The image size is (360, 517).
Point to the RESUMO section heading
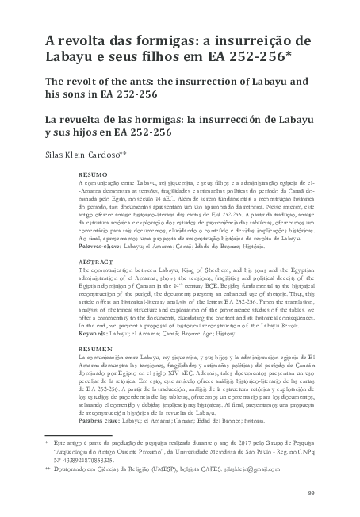tap(94, 172)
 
